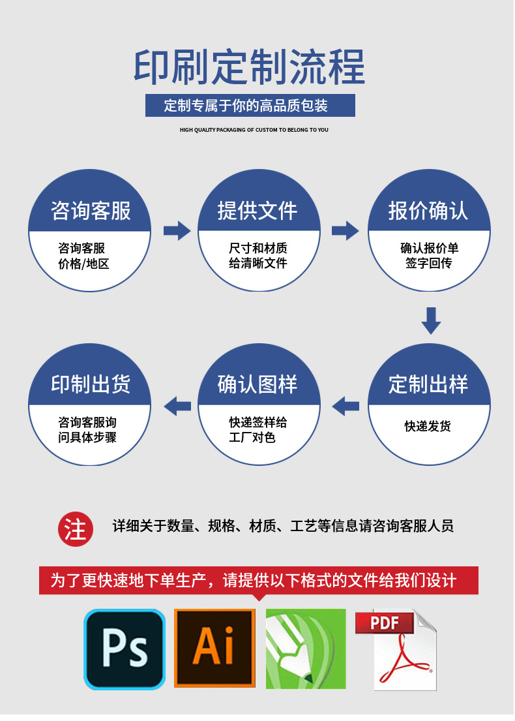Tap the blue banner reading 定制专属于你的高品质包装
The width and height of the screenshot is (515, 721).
coord(250,105)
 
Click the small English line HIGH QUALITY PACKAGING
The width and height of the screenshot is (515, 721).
coord(254,130)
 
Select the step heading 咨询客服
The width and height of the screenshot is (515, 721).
coord(91,211)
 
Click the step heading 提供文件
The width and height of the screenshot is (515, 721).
coord(257,211)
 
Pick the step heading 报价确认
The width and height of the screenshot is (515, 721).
coord(428,211)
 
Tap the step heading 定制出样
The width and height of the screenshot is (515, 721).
coord(428,384)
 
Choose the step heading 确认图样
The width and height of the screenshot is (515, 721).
coord(257,384)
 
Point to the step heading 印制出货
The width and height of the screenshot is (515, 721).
coord(91,384)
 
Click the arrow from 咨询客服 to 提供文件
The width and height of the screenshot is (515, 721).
coord(176,230)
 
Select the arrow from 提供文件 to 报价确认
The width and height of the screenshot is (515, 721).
coord(345,230)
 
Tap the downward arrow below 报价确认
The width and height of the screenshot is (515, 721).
coord(431,320)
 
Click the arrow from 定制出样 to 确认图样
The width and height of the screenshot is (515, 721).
coord(346,406)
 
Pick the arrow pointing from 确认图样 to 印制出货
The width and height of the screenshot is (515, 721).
coord(177,406)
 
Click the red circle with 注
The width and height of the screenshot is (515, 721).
coord(76,528)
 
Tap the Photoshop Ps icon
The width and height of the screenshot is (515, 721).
coord(124,649)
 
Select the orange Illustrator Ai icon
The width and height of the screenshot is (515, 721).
coord(214,649)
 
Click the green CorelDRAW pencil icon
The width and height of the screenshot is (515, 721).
coord(306,649)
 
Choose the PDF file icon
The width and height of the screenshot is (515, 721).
coord(396,649)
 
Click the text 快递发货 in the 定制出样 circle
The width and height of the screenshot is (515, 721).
coord(428,426)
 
